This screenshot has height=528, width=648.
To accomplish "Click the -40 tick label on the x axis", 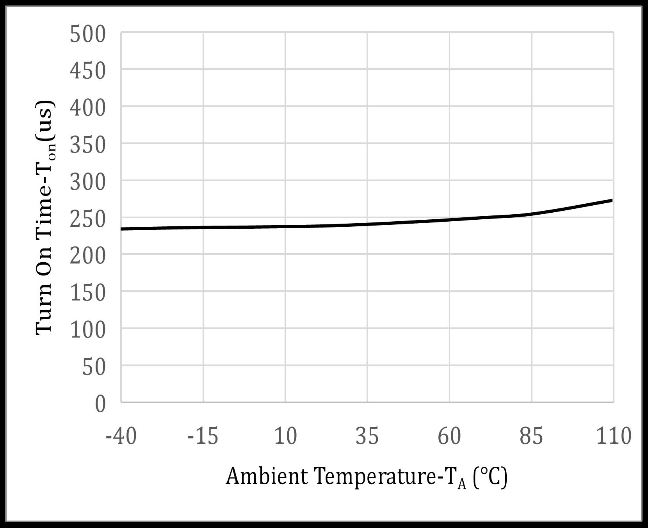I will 121,436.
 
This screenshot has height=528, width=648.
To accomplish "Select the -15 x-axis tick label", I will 203,436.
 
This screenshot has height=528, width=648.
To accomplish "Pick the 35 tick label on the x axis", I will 367,436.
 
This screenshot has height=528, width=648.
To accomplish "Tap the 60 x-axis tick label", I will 449,436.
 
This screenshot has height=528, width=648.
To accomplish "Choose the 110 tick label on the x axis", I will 613,436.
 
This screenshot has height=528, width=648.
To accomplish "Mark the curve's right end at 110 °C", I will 612,201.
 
